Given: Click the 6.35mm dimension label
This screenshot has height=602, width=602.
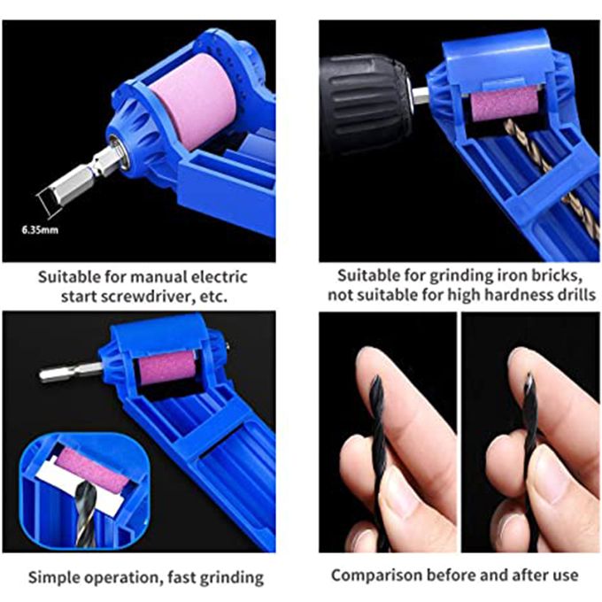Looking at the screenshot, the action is (x=40, y=230).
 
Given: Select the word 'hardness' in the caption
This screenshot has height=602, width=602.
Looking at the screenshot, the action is (x=518, y=295).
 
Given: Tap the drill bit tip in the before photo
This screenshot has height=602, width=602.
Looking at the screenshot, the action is (x=376, y=378).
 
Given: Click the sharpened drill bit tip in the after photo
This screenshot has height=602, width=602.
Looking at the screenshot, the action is (x=529, y=374).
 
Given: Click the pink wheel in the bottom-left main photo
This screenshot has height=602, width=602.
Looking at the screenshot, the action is (x=166, y=370).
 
